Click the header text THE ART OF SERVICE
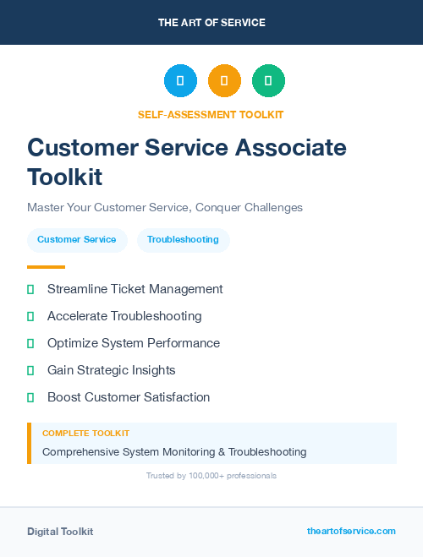click(211, 23)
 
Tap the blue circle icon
click(180, 81)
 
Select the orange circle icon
click(224, 81)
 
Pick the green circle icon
click(268, 81)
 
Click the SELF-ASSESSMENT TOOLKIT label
click(211, 114)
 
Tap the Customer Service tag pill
click(77, 239)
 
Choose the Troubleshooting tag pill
click(183, 239)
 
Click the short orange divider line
click(46, 266)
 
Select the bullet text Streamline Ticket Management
click(135, 289)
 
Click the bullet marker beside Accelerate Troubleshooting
click(30, 316)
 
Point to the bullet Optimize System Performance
click(134, 343)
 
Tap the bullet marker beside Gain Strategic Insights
click(30, 370)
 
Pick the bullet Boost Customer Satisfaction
click(129, 397)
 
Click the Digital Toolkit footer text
click(60, 532)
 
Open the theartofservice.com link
click(351, 531)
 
